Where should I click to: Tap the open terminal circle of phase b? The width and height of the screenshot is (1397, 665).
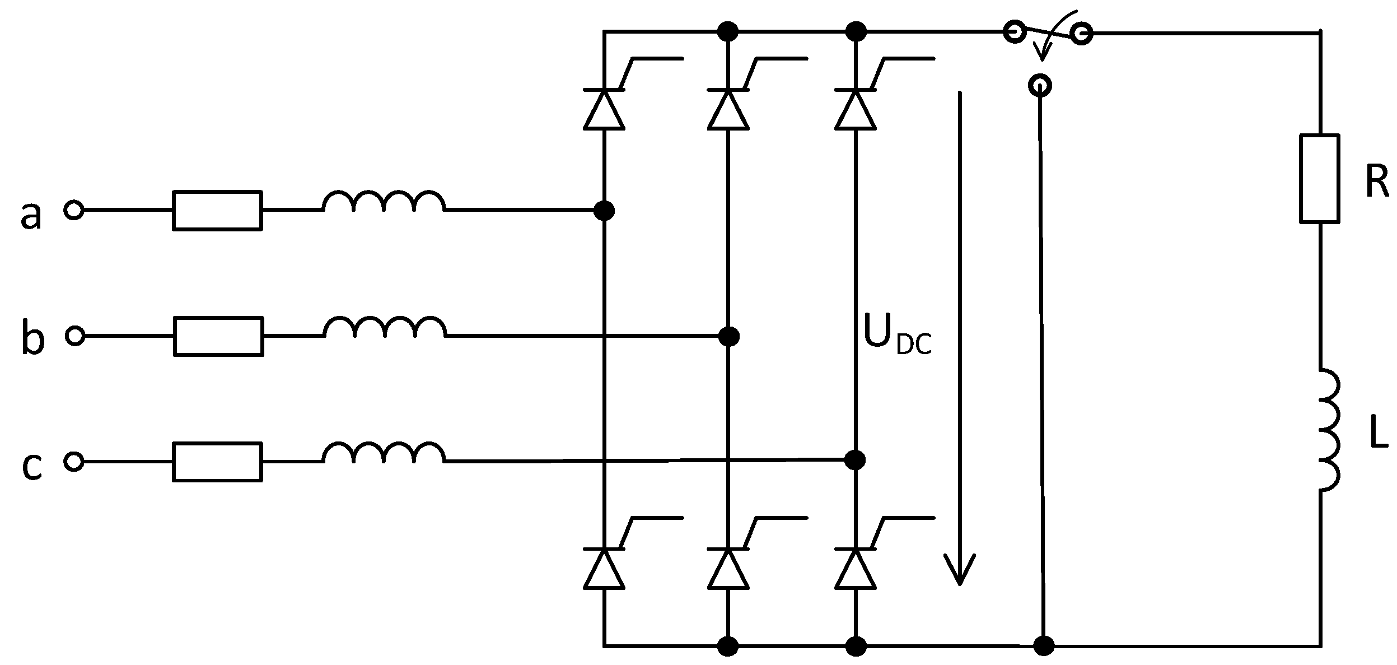pos(74,336)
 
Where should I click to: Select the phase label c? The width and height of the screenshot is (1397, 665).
pos(32,467)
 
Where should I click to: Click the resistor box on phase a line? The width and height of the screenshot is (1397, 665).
pos(217,211)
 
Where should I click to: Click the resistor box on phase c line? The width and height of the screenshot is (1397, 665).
pos(217,462)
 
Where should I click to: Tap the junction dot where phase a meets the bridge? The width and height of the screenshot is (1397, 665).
pos(604,211)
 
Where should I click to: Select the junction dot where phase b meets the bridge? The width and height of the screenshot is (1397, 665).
pos(728,336)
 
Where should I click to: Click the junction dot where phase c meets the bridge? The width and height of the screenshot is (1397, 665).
pos(854,461)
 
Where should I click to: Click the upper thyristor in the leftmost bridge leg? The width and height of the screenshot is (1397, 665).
pos(604,109)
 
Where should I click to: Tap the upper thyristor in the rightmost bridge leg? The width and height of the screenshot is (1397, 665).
pos(854,109)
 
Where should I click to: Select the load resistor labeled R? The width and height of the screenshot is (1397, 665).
pos(1319,179)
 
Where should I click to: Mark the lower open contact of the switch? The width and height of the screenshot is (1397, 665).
pos(1040,86)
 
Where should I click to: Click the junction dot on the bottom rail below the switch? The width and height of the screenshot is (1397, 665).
pos(1044,646)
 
